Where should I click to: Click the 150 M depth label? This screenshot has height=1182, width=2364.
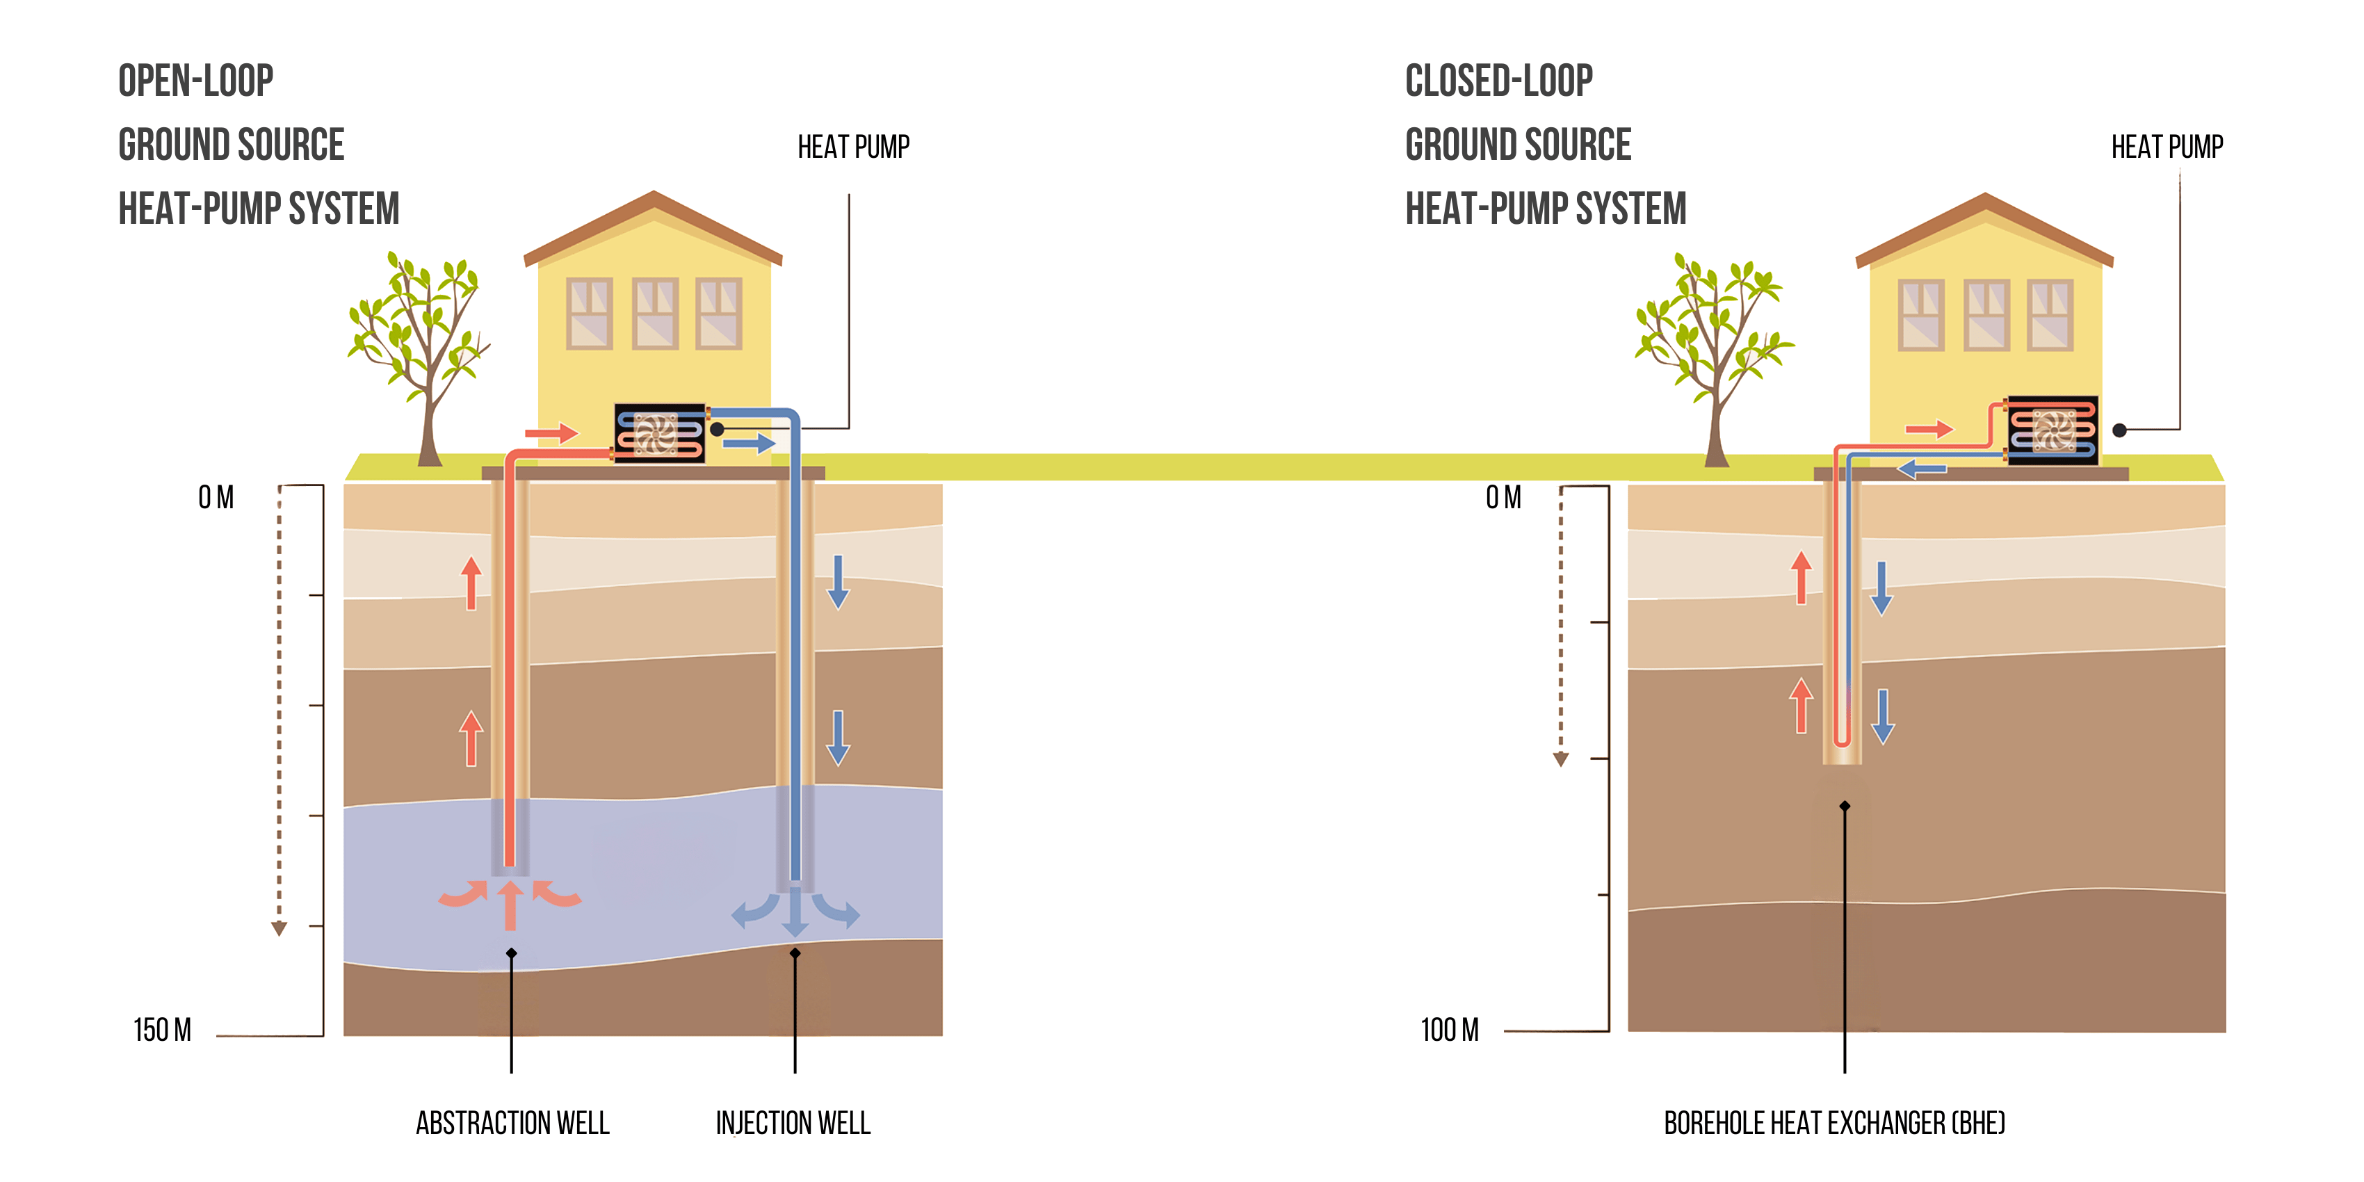163,1030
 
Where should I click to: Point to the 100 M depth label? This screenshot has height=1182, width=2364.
1449,1030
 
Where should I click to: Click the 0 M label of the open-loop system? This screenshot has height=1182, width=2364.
216,497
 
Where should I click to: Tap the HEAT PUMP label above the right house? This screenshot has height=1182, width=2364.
2166,147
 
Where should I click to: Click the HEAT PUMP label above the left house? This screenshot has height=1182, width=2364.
852,147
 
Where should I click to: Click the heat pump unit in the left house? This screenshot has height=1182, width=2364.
659,432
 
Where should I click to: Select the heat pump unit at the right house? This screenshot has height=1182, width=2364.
2052,430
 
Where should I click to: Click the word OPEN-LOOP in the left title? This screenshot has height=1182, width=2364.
195,81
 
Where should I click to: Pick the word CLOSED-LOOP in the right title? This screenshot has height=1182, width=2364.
1498,81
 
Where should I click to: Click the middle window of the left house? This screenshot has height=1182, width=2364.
654,313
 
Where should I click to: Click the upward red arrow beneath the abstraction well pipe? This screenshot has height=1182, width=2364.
510,904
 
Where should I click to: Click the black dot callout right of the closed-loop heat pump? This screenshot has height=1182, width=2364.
2119,430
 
